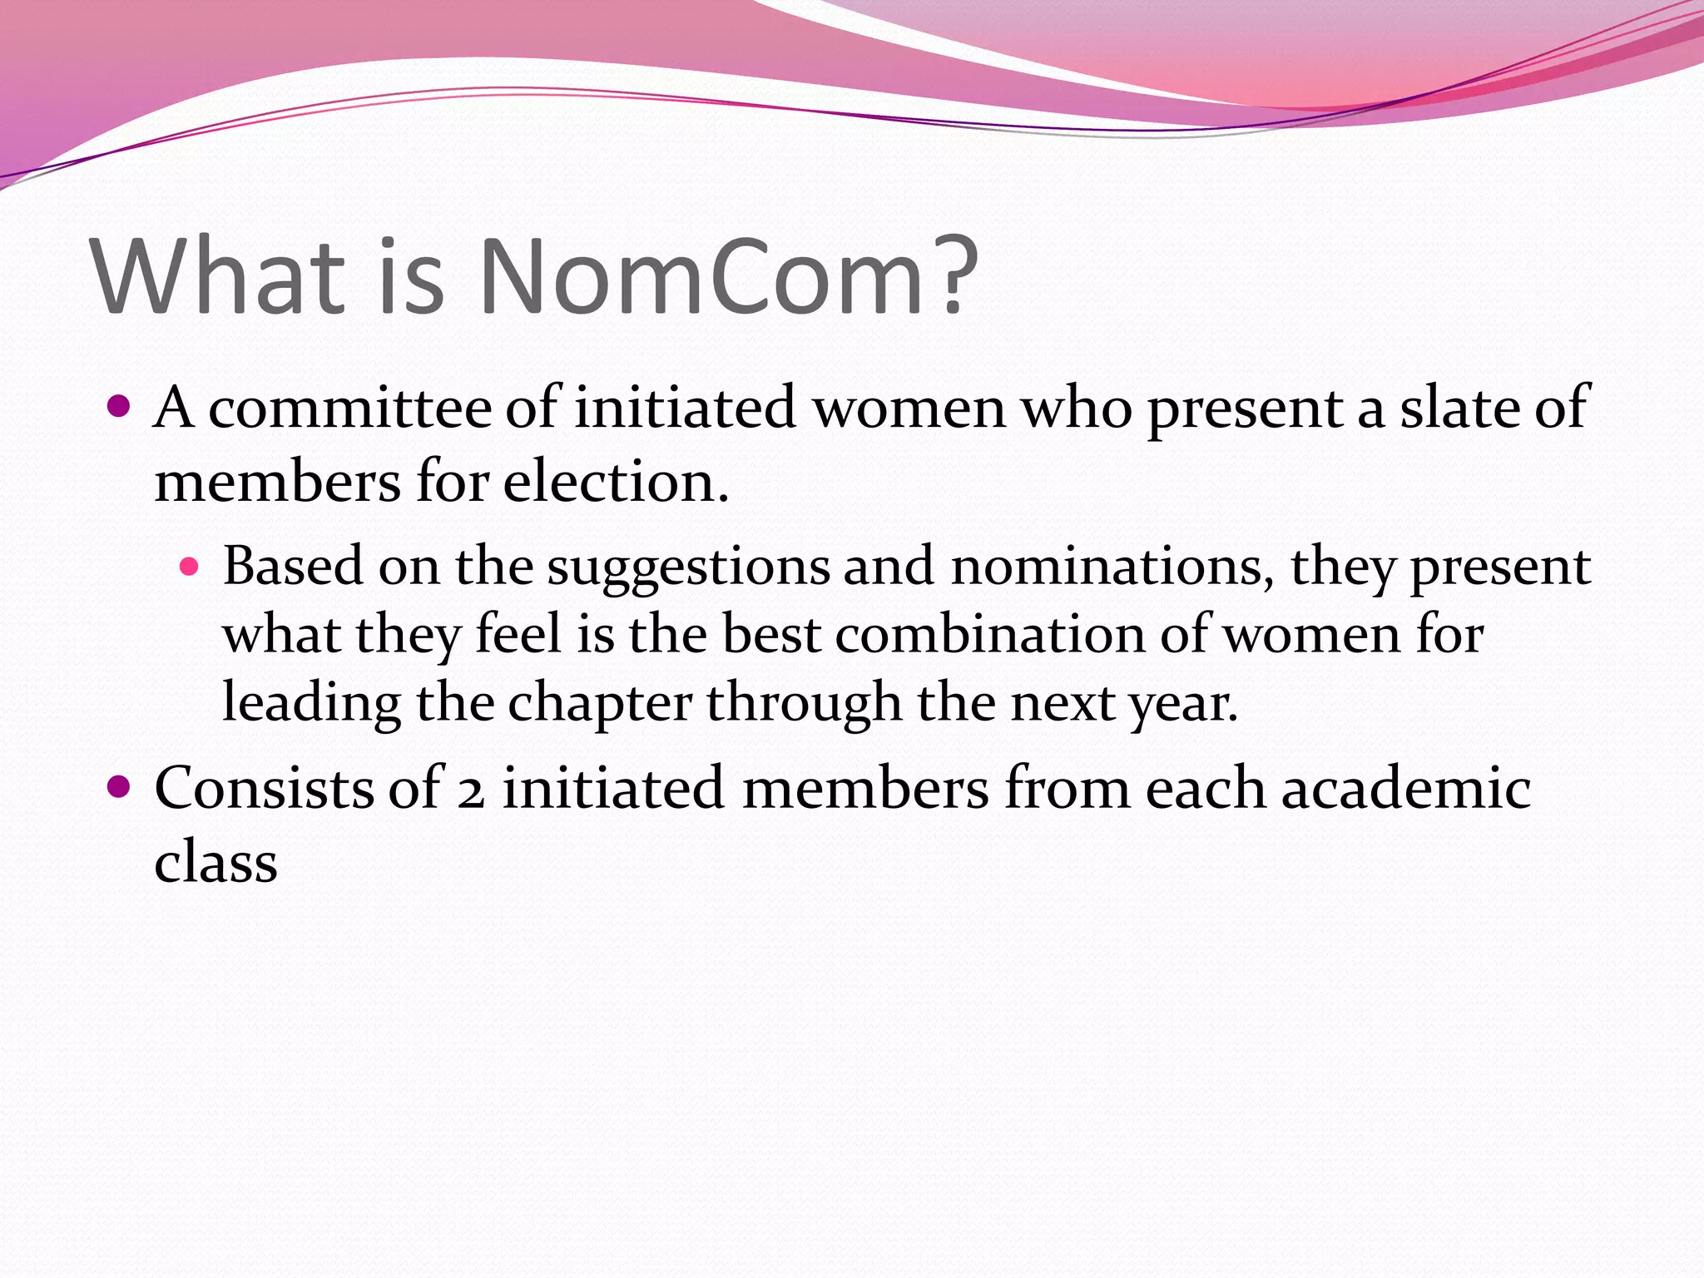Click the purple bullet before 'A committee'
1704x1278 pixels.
(x=120, y=406)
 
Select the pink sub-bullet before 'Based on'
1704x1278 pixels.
(x=191, y=567)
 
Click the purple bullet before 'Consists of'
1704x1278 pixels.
(x=120, y=786)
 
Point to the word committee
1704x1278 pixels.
(x=349, y=408)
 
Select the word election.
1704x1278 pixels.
(x=616, y=482)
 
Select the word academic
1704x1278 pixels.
(x=1406, y=788)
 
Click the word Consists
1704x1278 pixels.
(x=264, y=788)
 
